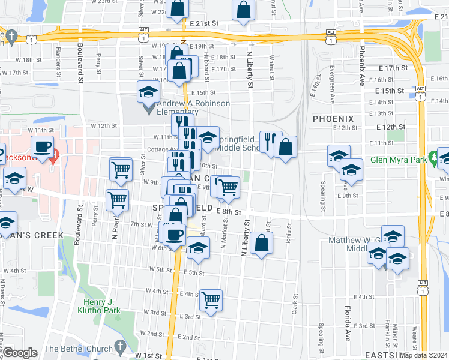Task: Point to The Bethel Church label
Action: [x=79, y=348]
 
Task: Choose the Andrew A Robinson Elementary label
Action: [x=186, y=107]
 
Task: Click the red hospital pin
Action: [x=55, y=158]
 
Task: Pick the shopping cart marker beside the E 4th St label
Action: [x=211, y=300]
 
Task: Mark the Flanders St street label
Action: [x=58, y=52]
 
